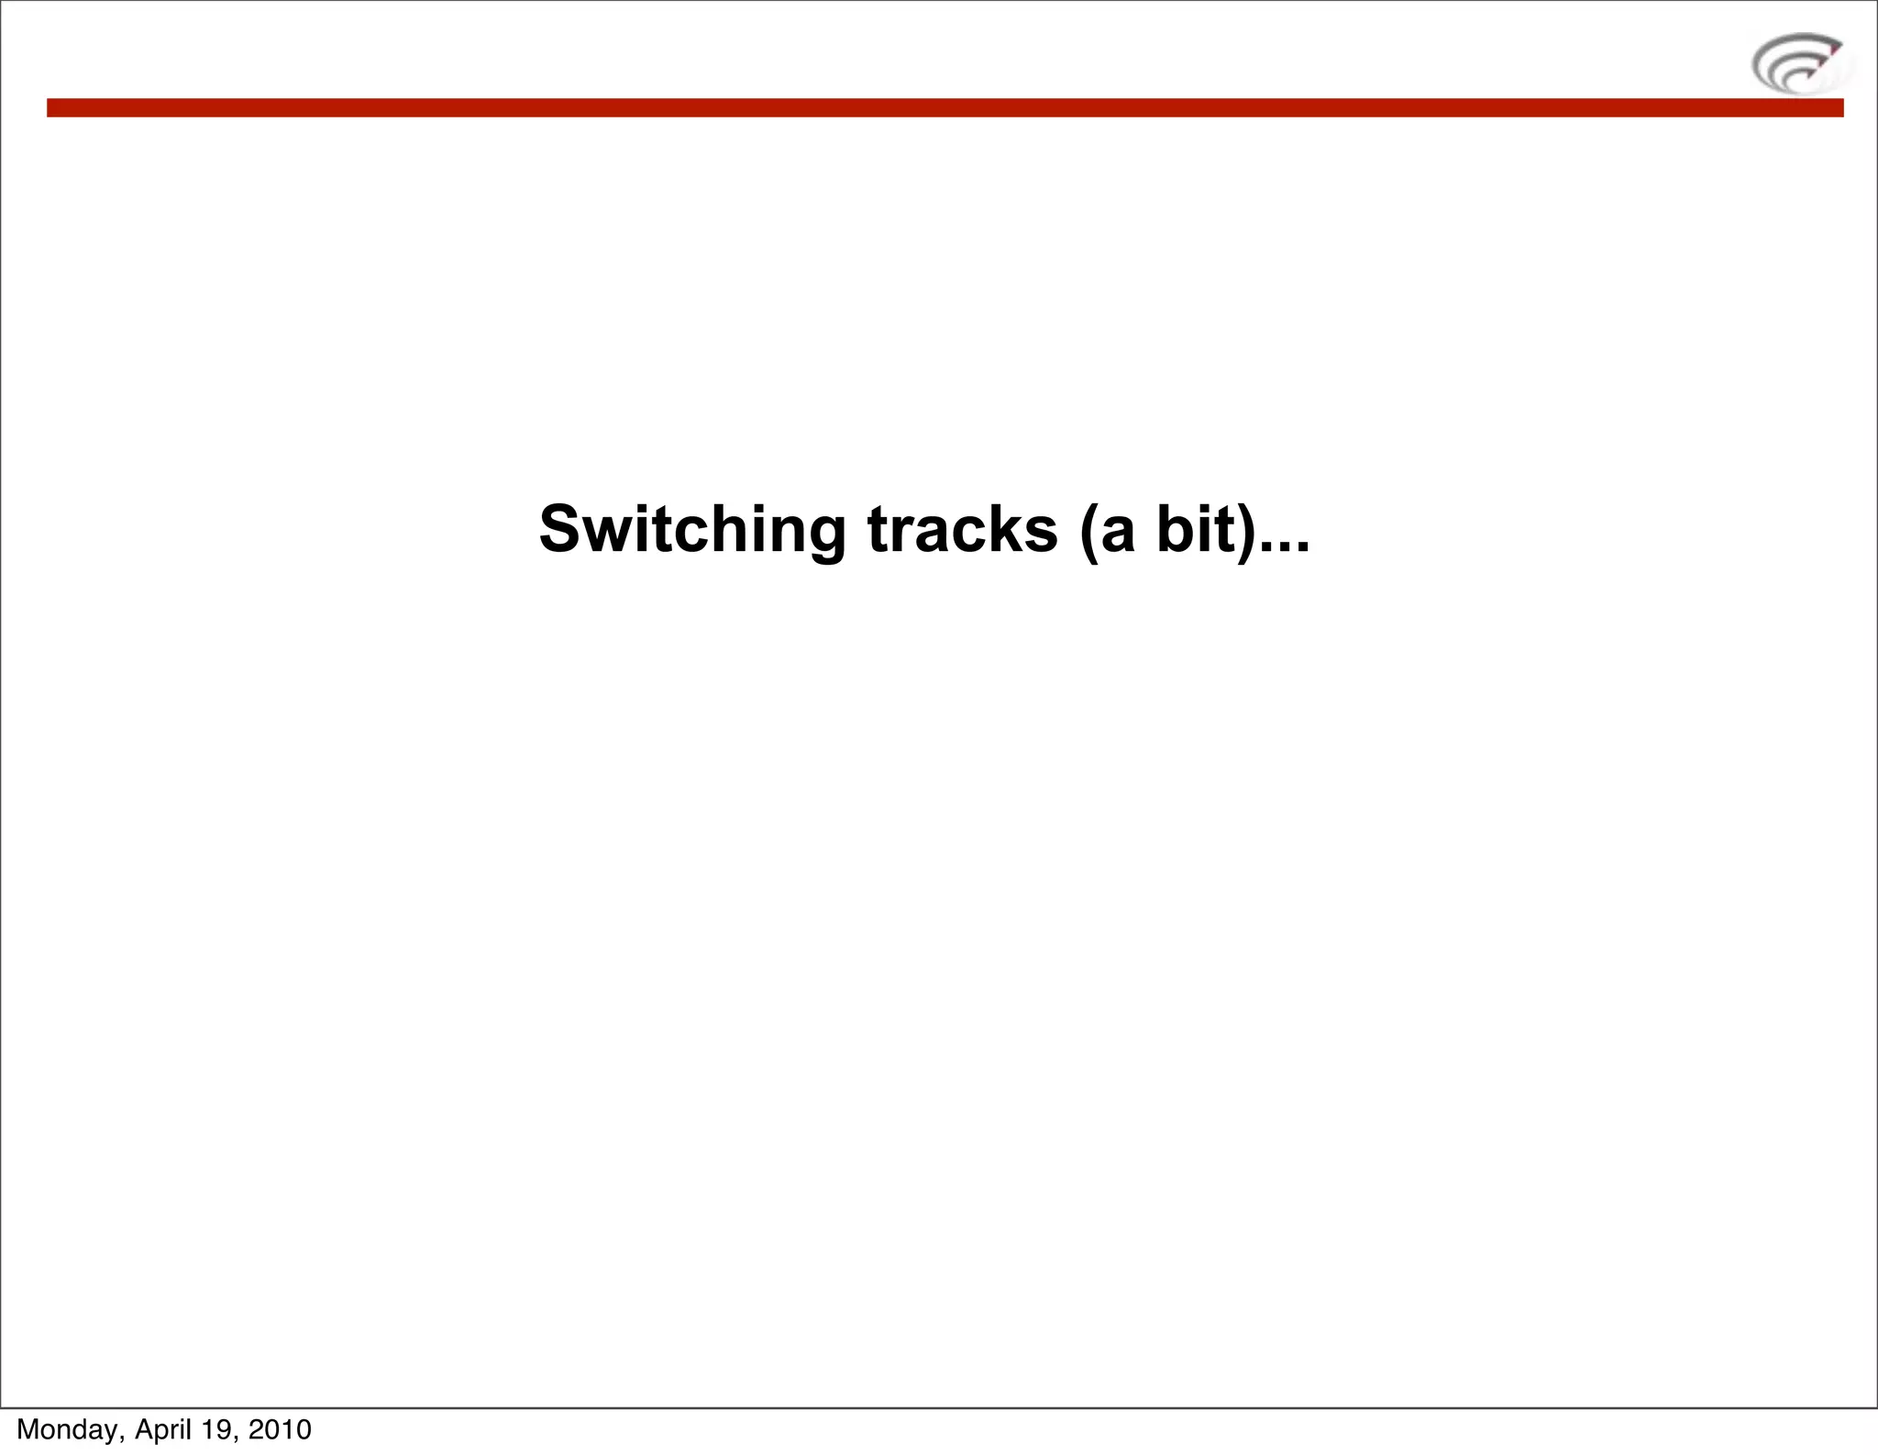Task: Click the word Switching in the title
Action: coord(691,531)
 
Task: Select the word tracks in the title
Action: coord(962,531)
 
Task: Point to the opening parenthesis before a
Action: coord(1089,533)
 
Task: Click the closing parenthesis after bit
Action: coord(1244,533)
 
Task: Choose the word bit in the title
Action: coord(1193,531)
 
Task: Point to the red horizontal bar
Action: coord(945,108)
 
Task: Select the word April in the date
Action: coord(170,1429)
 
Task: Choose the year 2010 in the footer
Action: coord(280,1429)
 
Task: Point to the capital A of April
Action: coord(144,1429)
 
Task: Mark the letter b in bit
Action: coord(1176,531)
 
